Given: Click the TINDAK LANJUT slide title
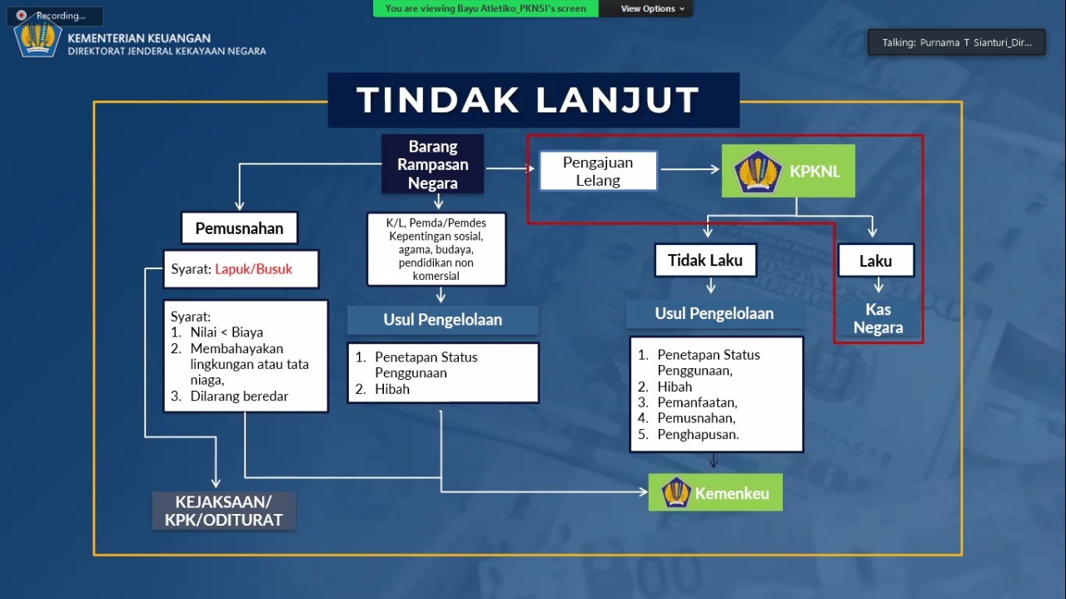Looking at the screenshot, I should [x=528, y=100].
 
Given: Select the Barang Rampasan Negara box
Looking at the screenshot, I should [x=433, y=165].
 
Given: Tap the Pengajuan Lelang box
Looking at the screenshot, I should [x=598, y=172].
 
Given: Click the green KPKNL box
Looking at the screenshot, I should [x=788, y=172].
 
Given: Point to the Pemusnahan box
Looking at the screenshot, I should [x=239, y=228].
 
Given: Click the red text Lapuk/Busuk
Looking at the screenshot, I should [x=253, y=269].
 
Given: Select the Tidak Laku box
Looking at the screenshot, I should [x=705, y=260].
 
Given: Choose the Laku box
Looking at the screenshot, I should [x=875, y=261].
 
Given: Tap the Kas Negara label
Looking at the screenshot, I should [x=878, y=318].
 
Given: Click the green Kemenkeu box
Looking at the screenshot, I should [x=715, y=493].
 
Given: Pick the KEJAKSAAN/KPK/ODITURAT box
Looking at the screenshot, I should [x=223, y=511].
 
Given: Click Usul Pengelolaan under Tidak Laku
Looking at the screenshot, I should [x=714, y=313].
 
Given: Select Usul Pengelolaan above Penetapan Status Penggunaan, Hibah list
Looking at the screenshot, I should [x=442, y=320].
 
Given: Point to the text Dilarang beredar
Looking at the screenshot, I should [x=239, y=397].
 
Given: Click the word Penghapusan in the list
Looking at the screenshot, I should [x=697, y=434].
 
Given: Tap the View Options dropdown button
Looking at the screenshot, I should [x=653, y=8].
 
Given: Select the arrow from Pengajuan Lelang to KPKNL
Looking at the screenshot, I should [x=690, y=170].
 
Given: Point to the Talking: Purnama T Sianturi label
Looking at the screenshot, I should [x=955, y=42].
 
